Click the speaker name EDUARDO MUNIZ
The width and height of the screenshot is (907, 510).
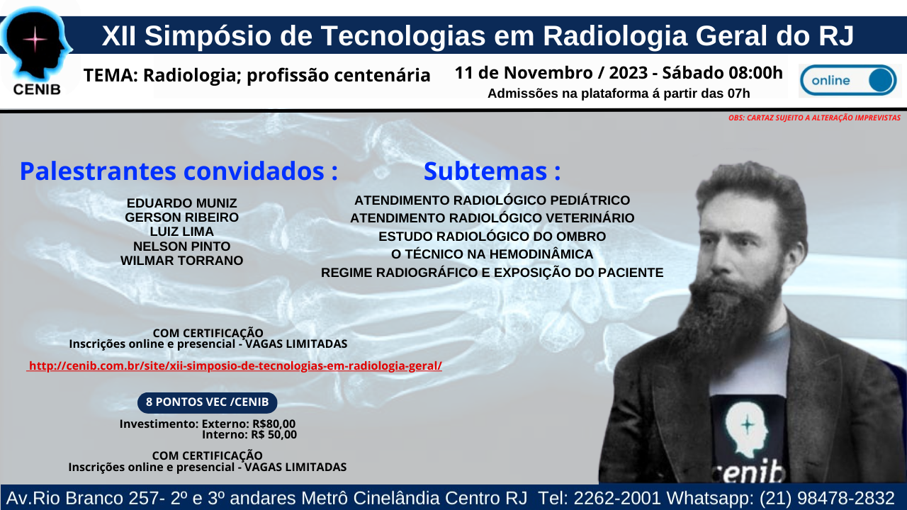pos(182,203)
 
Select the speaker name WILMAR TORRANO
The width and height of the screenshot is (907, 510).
pos(182,260)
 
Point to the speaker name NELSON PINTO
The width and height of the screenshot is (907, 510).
pos(182,246)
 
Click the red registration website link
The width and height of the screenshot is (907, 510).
pos(235,366)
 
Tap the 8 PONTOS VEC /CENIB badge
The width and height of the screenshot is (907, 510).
pos(208,402)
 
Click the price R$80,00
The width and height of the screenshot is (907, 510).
pos(274,424)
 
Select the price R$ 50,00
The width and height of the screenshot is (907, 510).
pos(274,435)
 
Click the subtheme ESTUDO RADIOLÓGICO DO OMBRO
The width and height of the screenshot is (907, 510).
pos(492,237)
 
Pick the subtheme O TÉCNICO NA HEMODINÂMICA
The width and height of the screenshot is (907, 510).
pos(492,254)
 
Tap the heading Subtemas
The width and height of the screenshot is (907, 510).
pos(492,171)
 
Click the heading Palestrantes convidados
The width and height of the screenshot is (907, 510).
pos(179,171)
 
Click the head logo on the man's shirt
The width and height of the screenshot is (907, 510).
pos(746,430)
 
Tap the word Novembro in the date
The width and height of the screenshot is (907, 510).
pos(548,73)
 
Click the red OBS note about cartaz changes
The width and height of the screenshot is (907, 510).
pos(814,118)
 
